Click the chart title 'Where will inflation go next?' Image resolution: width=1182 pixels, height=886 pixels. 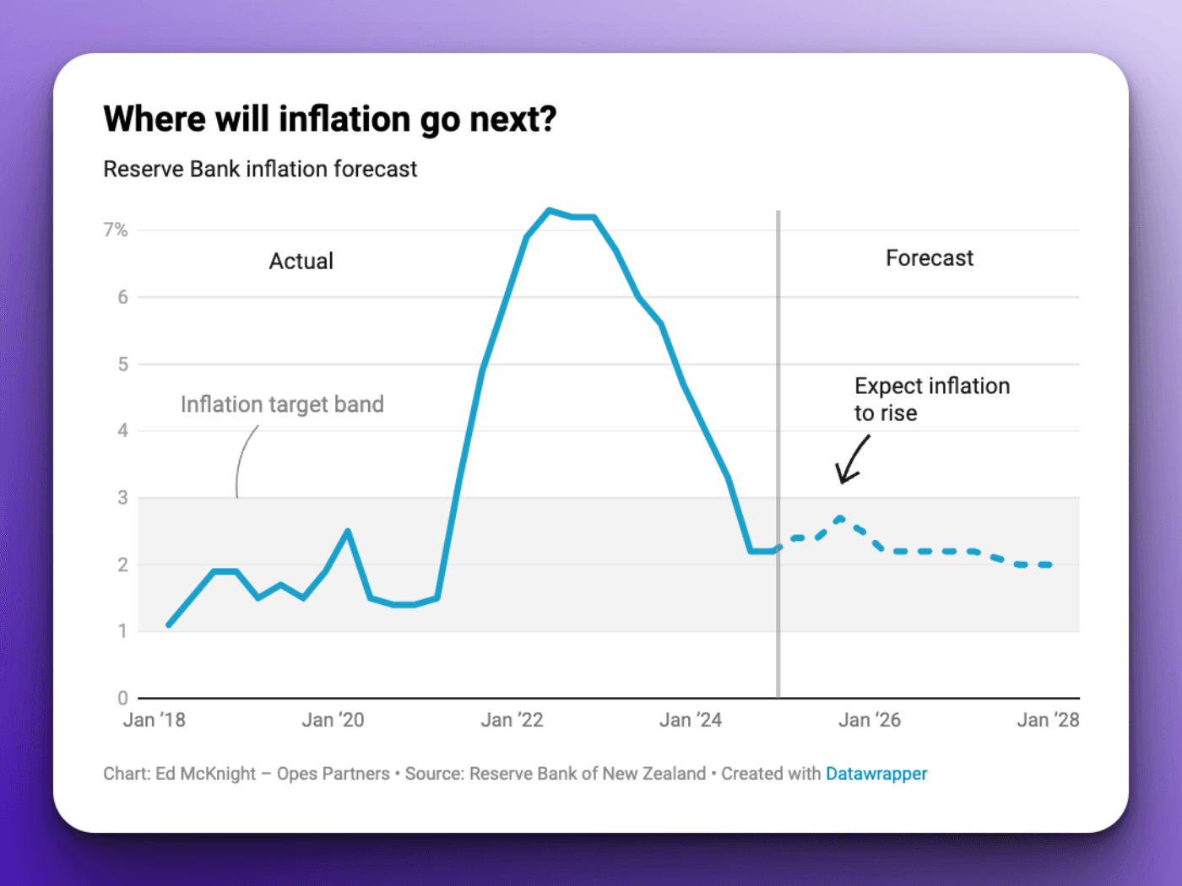pos(329,119)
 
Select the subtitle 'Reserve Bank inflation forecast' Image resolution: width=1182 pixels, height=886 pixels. pos(260,169)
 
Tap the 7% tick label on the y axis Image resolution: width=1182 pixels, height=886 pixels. pos(116,230)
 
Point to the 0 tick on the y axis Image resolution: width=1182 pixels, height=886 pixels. pos(123,698)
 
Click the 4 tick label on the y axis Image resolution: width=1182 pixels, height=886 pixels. pos(123,430)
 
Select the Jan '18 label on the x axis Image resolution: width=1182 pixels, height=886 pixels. pos(154,720)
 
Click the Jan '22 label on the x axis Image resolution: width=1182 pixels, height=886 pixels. pos(512,720)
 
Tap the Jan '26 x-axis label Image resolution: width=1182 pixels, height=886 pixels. pos(869,720)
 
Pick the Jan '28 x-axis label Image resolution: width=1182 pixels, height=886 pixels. pos(1048,720)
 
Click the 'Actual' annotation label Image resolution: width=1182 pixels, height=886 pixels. pos(301,261)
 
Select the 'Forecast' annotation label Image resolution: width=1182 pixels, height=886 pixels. pos(929,257)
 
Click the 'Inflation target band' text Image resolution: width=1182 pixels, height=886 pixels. pos(282,404)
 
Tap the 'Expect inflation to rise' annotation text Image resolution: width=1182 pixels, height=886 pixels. pos(931,399)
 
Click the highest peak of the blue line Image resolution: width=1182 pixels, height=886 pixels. pos(549,210)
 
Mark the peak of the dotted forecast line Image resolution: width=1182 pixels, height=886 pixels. pos(839,518)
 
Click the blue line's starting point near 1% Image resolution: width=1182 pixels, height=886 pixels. pos(169,625)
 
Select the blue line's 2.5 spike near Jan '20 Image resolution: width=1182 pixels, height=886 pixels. pos(348,531)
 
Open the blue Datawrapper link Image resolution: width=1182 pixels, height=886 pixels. pos(876,774)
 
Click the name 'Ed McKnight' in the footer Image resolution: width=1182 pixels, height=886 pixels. pos(205,774)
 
